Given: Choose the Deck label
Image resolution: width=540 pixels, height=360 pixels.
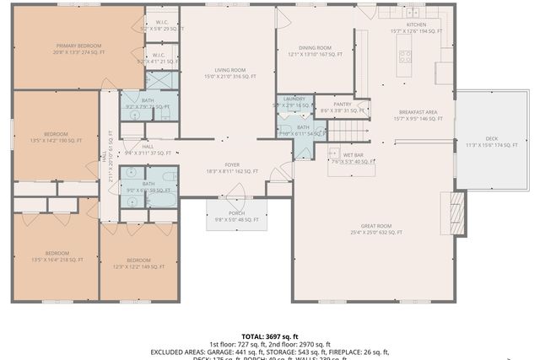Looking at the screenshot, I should [492, 142].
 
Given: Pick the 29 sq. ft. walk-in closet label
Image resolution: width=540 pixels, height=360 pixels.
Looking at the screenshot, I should [161, 25].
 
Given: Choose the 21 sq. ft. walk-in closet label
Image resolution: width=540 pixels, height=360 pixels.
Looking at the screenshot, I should [161, 58].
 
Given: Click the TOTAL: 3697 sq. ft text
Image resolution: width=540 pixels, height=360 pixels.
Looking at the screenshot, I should [269, 336].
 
